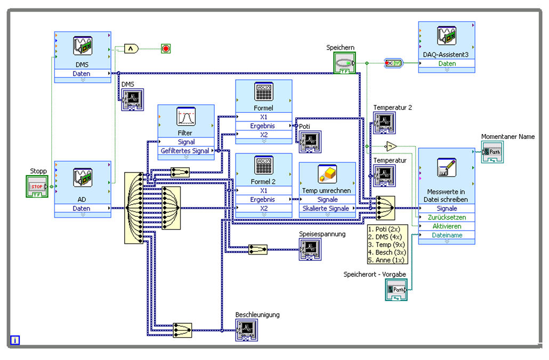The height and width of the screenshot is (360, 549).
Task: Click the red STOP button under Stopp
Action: click(x=37, y=186)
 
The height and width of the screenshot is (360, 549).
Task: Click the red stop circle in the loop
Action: click(x=166, y=49)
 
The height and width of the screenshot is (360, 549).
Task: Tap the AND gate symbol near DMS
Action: click(x=131, y=49)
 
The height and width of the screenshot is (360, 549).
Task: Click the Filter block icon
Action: click(x=186, y=117)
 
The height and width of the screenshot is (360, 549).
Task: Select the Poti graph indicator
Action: click(x=310, y=141)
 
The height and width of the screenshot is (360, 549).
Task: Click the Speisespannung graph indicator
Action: click(x=310, y=249)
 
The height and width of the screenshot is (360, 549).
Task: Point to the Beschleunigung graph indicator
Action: click(x=246, y=331)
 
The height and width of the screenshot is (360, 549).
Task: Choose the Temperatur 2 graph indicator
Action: click(x=384, y=123)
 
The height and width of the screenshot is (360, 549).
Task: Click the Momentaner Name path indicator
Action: click(x=492, y=152)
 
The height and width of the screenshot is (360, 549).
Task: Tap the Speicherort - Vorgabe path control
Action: click(x=396, y=289)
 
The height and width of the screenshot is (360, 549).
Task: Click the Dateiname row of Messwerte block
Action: click(x=447, y=235)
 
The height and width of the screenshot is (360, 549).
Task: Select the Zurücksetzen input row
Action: click(x=447, y=217)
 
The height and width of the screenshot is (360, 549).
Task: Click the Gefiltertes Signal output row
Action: click(x=185, y=151)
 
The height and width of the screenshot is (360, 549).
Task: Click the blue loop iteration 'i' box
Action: click(x=15, y=340)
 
